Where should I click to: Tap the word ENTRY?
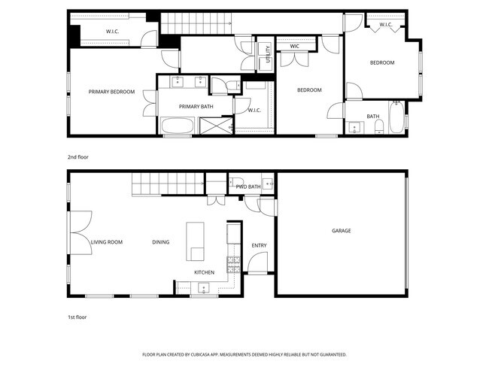259,245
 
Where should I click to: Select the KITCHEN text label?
205,271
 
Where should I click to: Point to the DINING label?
160,242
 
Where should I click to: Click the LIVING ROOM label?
106,242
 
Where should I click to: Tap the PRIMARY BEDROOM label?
111,92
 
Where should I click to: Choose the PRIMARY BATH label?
196,107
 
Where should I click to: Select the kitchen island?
196,241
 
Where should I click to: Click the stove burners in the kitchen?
233,264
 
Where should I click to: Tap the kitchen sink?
203,287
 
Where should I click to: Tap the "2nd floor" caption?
77,158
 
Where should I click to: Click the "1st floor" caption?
77,317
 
